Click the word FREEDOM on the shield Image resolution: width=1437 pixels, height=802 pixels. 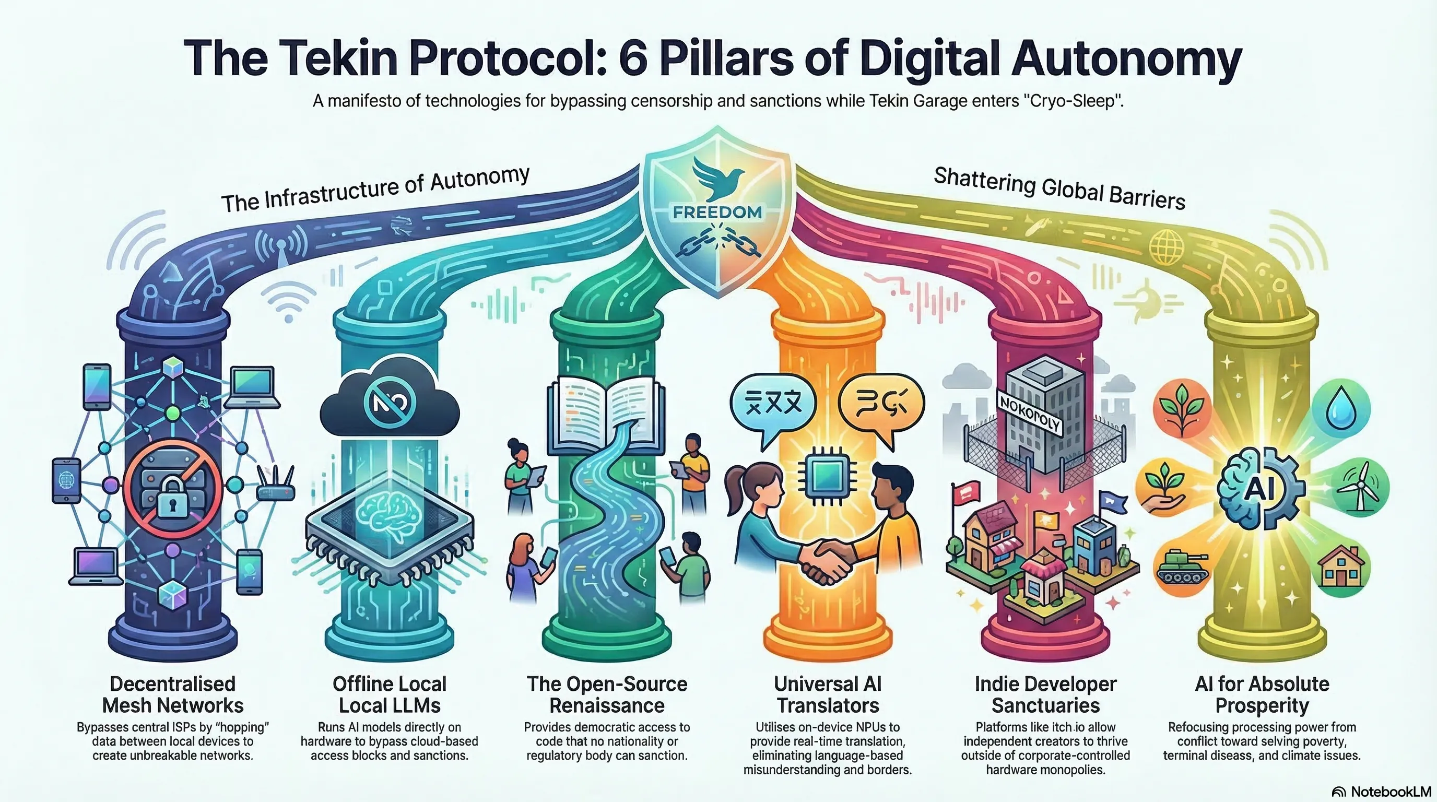717,212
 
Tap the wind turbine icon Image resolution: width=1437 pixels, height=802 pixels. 1359,486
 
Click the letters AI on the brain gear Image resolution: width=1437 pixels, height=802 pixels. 1259,489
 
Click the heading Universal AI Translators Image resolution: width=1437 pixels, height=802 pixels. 828,694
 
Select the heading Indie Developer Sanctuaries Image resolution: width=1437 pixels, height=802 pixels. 1045,694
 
